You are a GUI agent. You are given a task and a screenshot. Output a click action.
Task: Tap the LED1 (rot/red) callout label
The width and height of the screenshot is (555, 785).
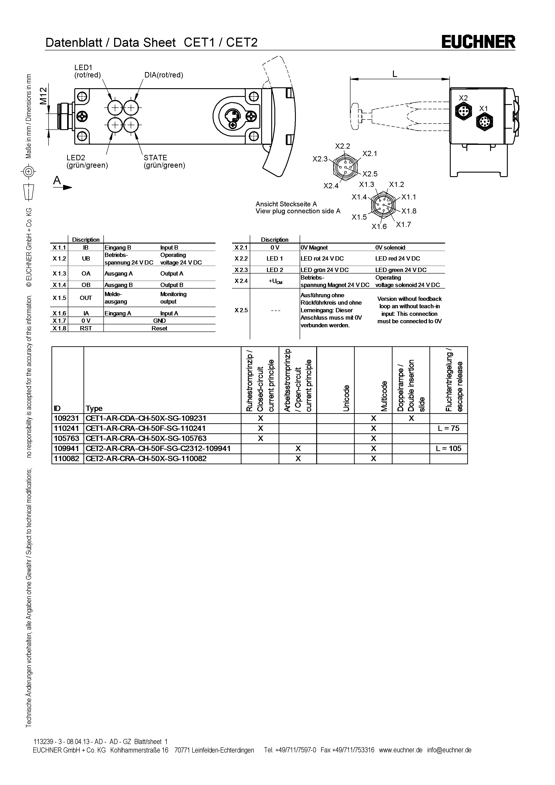pos(88,71)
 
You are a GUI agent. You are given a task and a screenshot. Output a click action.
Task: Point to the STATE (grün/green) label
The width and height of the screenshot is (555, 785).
pos(164,161)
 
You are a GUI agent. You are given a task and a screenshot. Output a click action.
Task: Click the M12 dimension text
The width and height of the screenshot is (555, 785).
pos(43,96)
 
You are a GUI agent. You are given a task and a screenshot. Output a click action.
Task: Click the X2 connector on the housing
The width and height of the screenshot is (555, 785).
pos(464,111)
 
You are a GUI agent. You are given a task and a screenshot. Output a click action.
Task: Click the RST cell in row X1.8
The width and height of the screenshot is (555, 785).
pos(86,328)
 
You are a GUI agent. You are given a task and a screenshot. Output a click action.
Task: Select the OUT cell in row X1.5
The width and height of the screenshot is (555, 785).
pos(86,298)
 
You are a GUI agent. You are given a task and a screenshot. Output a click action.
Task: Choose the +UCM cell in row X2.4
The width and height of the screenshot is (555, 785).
pos(275,281)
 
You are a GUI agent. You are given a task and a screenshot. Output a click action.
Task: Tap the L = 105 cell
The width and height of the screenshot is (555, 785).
pos(448,449)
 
